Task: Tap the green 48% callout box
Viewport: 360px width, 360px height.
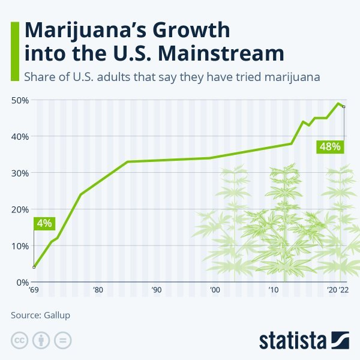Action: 329,146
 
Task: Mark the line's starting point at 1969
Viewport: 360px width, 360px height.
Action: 34,267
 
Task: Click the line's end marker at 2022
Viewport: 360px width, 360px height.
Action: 343,107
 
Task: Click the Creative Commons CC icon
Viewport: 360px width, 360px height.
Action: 20,340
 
